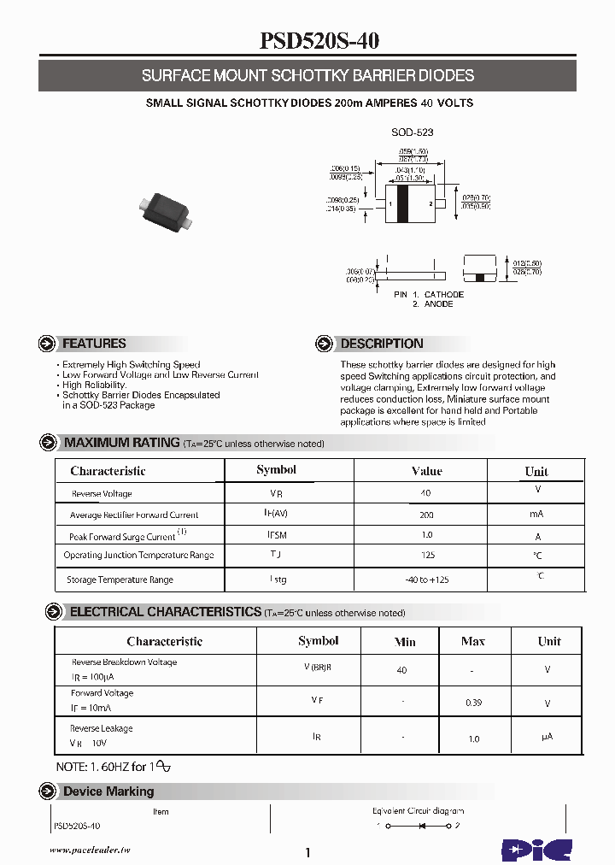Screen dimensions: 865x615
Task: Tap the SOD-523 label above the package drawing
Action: point(413,132)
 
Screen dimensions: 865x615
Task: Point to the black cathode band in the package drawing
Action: point(402,204)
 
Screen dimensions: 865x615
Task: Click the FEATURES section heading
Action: point(94,344)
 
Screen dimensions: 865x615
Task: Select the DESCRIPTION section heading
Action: point(381,344)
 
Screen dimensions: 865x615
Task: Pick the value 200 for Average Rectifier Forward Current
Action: point(426,515)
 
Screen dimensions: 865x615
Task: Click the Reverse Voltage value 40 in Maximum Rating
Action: point(425,493)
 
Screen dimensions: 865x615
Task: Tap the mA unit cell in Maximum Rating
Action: point(536,515)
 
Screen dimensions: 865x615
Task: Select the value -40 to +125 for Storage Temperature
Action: point(426,580)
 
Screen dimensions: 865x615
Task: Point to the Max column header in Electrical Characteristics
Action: point(472,641)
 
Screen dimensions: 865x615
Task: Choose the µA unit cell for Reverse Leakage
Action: point(548,736)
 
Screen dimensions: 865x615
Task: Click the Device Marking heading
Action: point(108,791)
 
